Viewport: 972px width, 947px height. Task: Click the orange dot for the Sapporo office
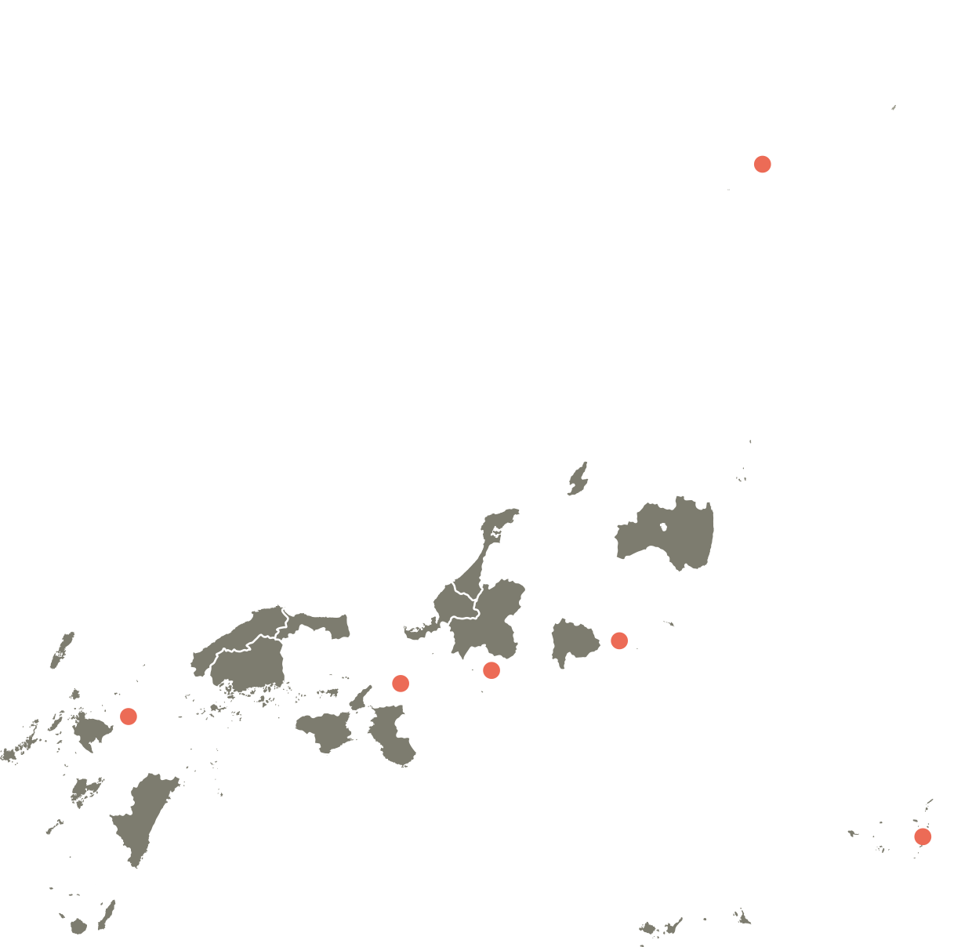click(x=762, y=164)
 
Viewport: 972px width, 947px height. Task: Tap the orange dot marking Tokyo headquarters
click(x=619, y=640)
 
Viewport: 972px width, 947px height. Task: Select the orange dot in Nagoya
click(x=491, y=669)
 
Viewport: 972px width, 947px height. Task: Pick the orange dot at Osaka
click(x=401, y=683)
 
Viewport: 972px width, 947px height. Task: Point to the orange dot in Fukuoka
click(x=129, y=716)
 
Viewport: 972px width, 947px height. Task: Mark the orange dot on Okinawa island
click(x=923, y=836)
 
